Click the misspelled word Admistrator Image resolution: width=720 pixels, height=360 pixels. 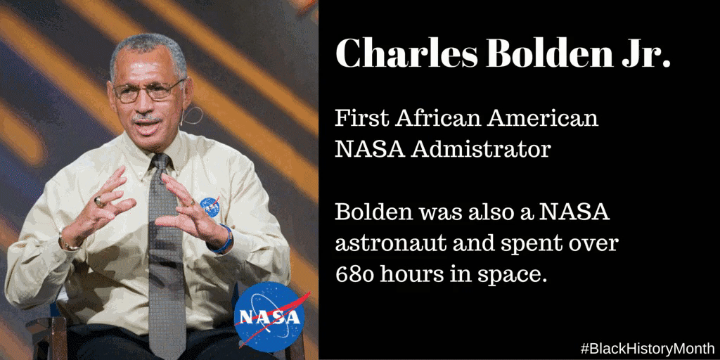(480, 149)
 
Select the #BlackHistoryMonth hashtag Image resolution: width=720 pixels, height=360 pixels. (648, 348)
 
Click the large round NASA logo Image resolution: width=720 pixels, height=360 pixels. (269, 316)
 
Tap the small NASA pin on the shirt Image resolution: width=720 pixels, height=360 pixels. (210, 207)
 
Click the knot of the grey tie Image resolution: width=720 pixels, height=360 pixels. (161, 162)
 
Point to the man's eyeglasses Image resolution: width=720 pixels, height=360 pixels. (148, 91)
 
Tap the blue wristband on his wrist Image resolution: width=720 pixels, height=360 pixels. (225, 239)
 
